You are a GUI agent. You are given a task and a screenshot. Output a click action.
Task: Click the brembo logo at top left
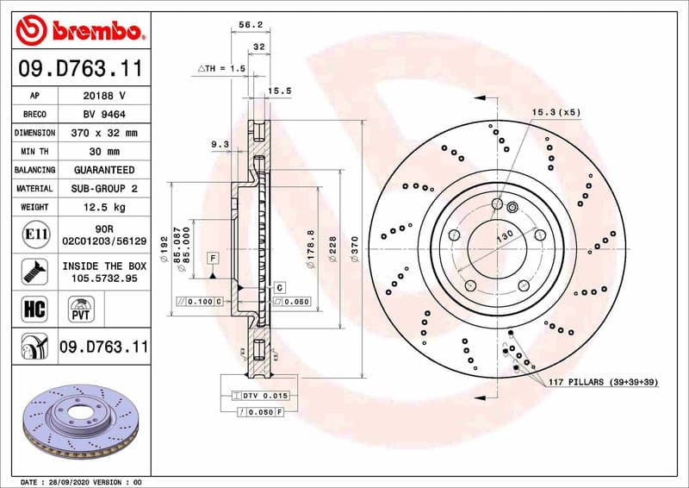tap(79, 32)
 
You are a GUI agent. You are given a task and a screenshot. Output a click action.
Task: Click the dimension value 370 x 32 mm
tap(103, 133)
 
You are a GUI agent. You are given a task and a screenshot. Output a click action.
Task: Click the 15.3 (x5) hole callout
tap(556, 112)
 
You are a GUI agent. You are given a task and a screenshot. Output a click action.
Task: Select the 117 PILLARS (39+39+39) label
tap(603, 380)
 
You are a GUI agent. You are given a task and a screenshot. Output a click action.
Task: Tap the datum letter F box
tap(212, 258)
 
